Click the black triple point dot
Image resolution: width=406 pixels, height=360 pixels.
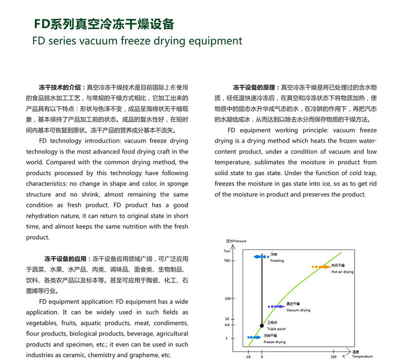pos(262,325)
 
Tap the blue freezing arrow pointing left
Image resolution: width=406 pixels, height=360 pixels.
pos(257,256)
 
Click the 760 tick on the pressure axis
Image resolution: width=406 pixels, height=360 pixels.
pos(228,261)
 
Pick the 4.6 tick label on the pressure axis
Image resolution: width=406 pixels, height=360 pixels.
pos(227,325)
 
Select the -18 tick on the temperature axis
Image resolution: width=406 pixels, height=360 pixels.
pos(248,356)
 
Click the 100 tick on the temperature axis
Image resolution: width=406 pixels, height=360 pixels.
pos(333,356)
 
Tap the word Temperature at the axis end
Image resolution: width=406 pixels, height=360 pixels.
pos(362,356)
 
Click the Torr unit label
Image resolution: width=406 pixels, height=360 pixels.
pos(228,251)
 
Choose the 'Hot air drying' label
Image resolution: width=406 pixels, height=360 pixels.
pos(342,271)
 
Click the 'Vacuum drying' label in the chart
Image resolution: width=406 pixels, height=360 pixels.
pos(298,310)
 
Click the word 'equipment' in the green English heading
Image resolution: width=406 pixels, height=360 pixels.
pos(215,41)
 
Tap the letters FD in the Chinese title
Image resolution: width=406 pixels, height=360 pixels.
pos(41,24)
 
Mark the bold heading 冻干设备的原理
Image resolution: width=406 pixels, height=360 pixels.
pos(255,88)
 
